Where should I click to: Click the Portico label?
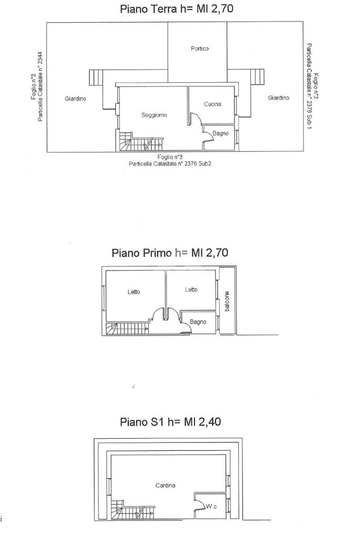(x=200, y=49)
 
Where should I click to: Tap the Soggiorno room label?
(x=154, y=115)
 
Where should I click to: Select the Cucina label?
(x=212, y=104)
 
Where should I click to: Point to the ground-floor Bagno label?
(x=220, y=133)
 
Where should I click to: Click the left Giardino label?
(x=75, y=99)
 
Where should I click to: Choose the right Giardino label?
(x=278, y=98)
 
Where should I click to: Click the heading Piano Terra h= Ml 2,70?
(x=177, y=8)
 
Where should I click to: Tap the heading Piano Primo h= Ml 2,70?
(x=170, y=253)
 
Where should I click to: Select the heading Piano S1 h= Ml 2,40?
(x=170, y=421)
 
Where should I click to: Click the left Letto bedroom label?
(x=133, y=292)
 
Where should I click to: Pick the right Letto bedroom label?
(x=191, y=290)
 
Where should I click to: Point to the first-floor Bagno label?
(x=198, y=322)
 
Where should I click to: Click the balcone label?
(x=227, y=301)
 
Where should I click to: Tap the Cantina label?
(x=165, y=486)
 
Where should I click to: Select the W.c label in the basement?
(x=211, y=507)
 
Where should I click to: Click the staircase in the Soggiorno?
(x=141, y=141)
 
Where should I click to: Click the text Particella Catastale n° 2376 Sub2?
(x=170, y=164)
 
